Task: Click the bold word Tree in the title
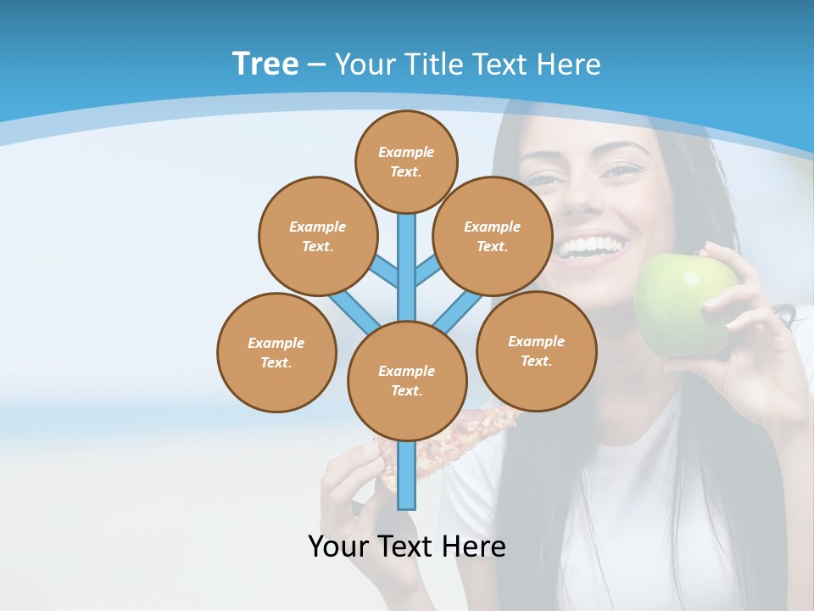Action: (265, 64)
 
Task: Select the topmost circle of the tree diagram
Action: (406, 161)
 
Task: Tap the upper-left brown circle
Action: (317, 236)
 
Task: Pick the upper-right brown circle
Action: (492, 236)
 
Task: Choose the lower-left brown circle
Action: (276, 352)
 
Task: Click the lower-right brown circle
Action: (536, 350)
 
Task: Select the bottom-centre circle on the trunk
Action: (407, 380)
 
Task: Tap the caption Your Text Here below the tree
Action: (406, 547)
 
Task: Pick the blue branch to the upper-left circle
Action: (386, 269)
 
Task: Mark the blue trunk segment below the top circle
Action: (407, 255)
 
